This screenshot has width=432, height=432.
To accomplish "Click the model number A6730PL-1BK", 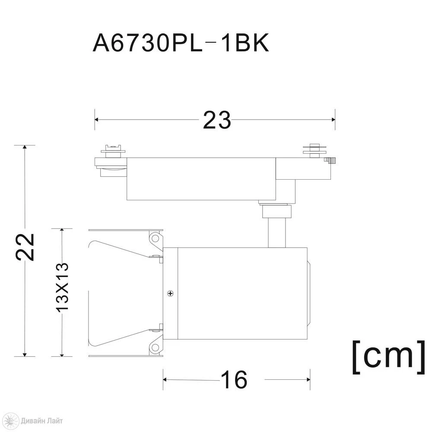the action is tap(181, 44).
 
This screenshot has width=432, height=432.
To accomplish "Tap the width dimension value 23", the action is tap(217, 120).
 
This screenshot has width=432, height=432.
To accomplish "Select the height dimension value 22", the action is tap(25, 247).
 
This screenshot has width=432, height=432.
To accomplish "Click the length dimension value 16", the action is tap(234, 380).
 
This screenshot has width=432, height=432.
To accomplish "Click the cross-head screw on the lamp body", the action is tap(171, 293).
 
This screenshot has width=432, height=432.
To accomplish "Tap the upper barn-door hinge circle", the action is tap(156, 238).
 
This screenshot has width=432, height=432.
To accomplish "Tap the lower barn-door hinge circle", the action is tap(156, 347).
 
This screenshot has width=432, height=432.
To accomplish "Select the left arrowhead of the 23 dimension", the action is tap(97, 120).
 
